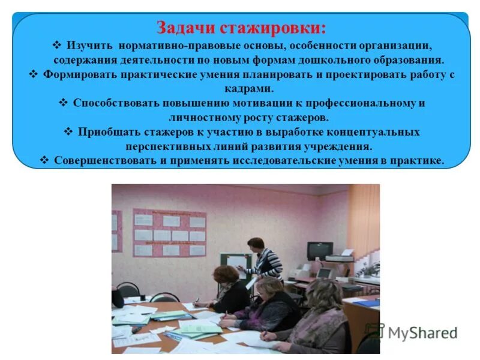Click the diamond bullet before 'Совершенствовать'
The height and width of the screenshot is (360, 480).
(44, 160)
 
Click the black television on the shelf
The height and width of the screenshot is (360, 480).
(319, 251)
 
